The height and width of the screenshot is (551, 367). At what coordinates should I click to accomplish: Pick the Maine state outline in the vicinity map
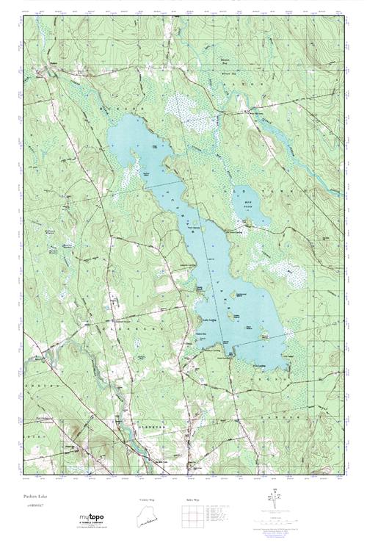tap(148, 517)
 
